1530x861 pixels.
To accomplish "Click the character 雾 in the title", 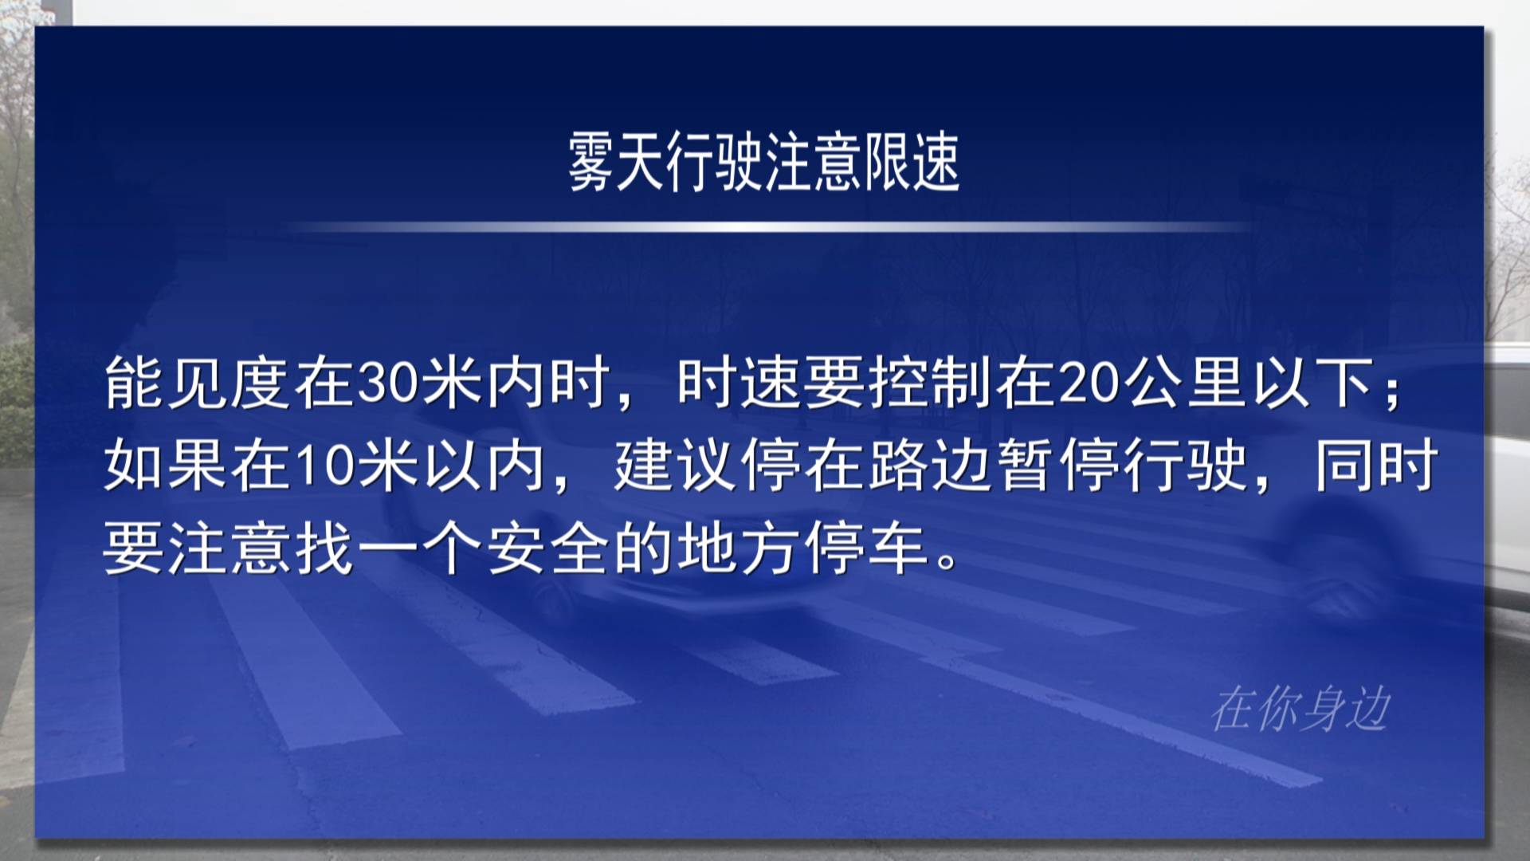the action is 591,162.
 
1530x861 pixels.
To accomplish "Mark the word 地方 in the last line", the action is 739,550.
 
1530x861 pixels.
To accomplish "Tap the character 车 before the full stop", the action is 898,550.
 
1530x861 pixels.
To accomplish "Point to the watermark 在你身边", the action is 1300,709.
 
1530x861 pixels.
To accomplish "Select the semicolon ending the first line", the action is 1392,393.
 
